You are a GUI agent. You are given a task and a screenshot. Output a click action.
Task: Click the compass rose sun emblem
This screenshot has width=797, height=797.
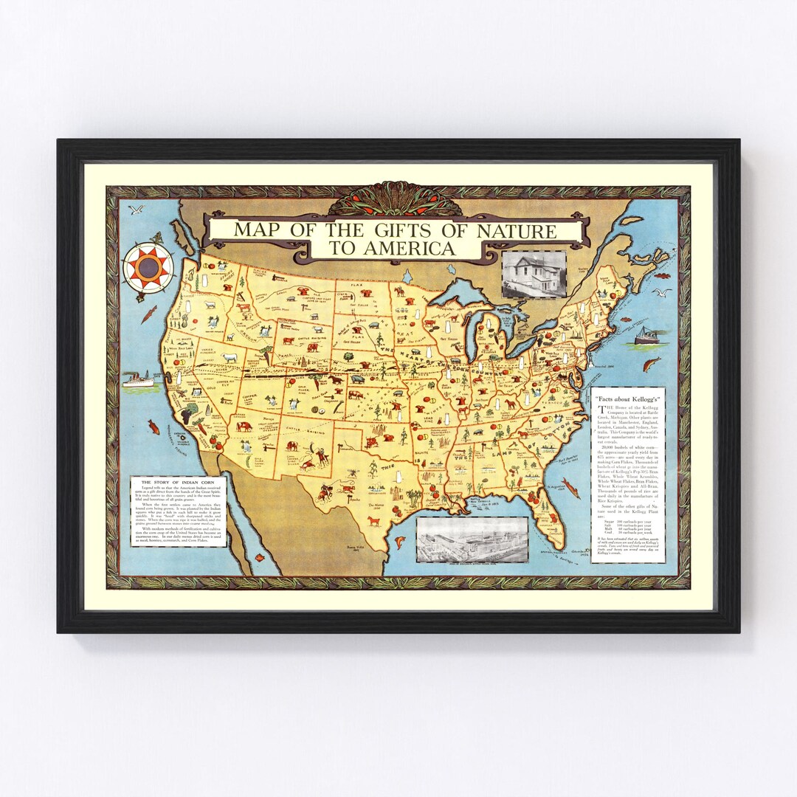pos(148,268)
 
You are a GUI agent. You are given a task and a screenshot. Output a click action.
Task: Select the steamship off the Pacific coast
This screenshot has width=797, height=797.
pos(138,379)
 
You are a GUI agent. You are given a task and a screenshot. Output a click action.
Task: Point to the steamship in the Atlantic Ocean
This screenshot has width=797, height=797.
pos(648,336)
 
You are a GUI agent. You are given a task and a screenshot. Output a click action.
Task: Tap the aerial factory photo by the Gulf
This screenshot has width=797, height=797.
pos(472,539)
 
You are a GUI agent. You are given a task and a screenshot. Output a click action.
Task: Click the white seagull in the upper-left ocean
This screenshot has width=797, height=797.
pos(135,210)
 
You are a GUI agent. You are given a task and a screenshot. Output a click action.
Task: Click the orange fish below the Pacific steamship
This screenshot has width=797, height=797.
pos(154,427)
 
